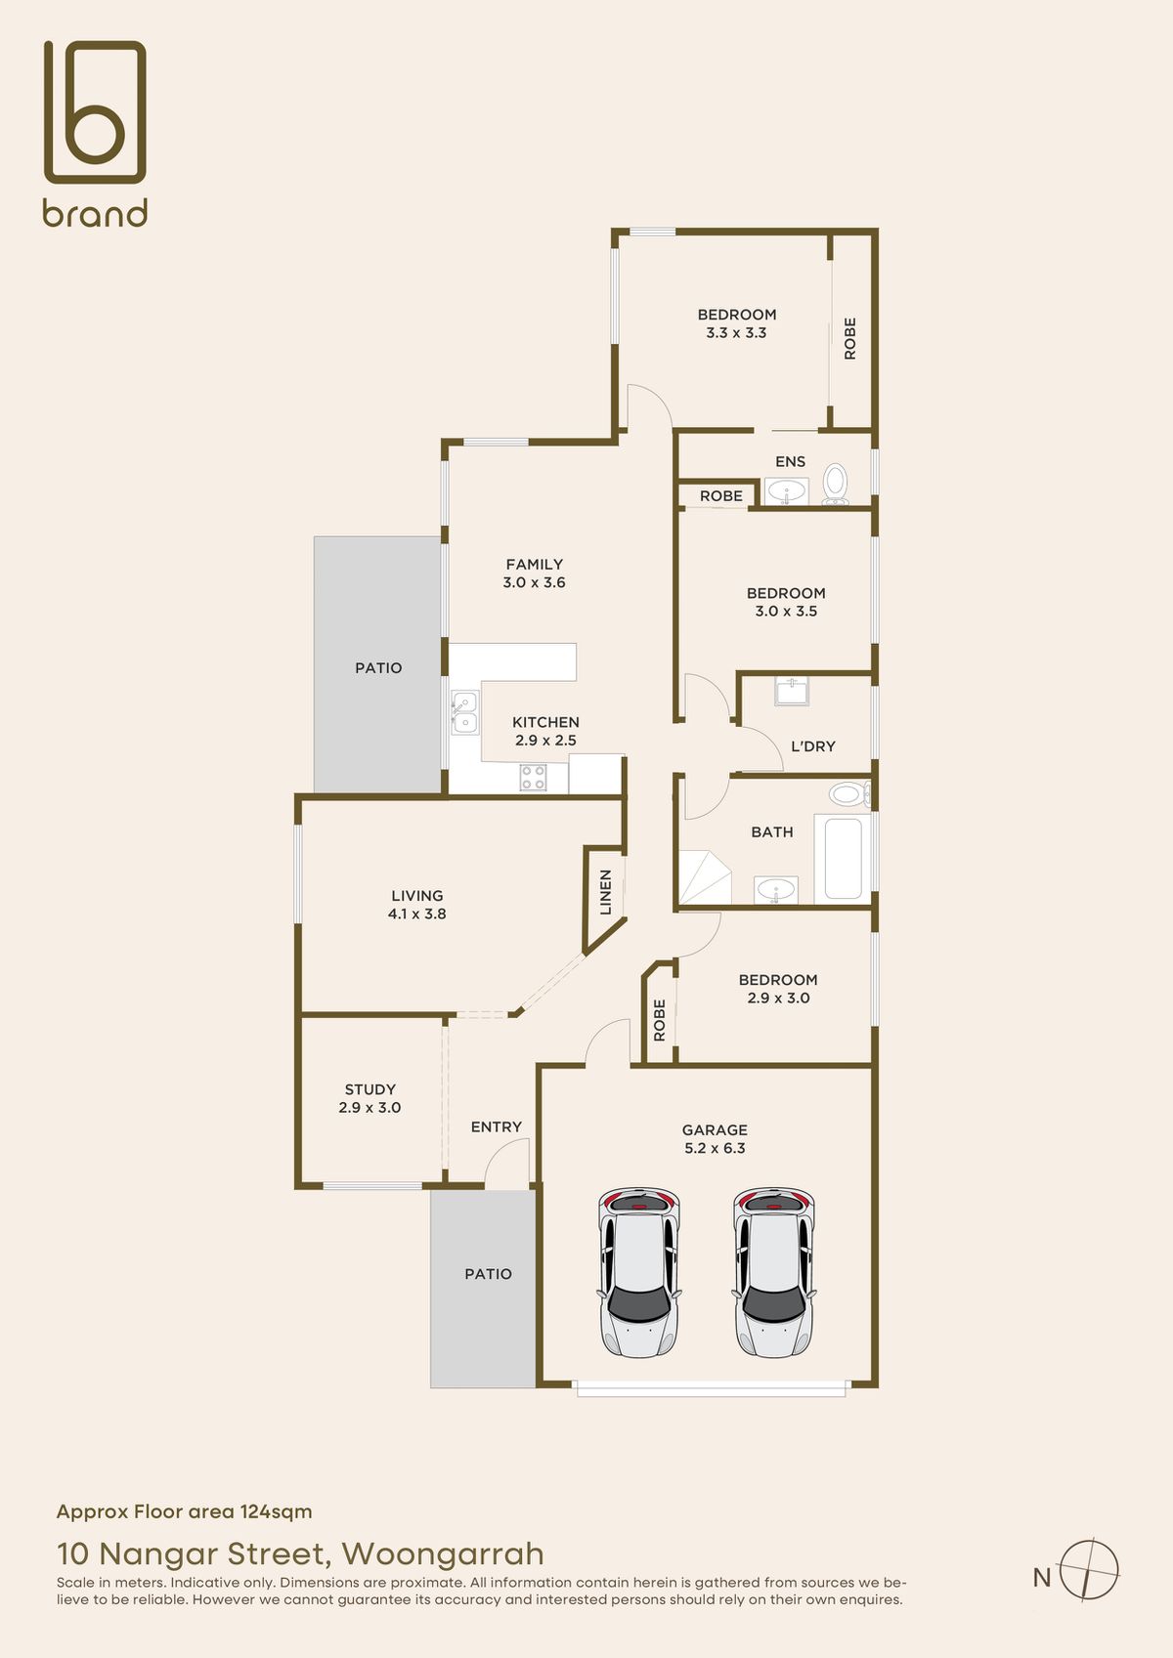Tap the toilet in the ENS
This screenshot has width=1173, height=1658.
click(x=836, y=484)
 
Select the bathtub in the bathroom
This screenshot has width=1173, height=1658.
click(x=843, y=859)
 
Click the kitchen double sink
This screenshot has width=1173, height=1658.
click(x=464, y=712)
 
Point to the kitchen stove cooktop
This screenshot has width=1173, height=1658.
click(x=533, y=777)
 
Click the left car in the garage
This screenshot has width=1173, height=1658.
click(x=638, y=1272)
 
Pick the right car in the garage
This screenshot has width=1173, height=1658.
click(x=774, y=1272)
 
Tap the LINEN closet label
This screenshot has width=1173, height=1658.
click(x=606, y=891)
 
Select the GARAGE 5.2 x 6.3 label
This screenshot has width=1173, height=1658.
click(x=715, y=1139)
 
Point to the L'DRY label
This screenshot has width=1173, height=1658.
click(x=813, y=746)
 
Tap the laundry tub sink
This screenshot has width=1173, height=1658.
click(x=792, y=692)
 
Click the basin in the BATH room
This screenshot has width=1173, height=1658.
click(x=776, y=890)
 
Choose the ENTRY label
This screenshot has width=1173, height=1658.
click(x=497, y=1127)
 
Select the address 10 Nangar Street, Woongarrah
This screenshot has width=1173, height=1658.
click(x=301, y=1553)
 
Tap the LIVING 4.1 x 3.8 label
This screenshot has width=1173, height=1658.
click(x=417, y=905)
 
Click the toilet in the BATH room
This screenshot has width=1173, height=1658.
click(x=849, y=794)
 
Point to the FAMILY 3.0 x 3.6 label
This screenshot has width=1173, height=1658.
click(x=534, y=573)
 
